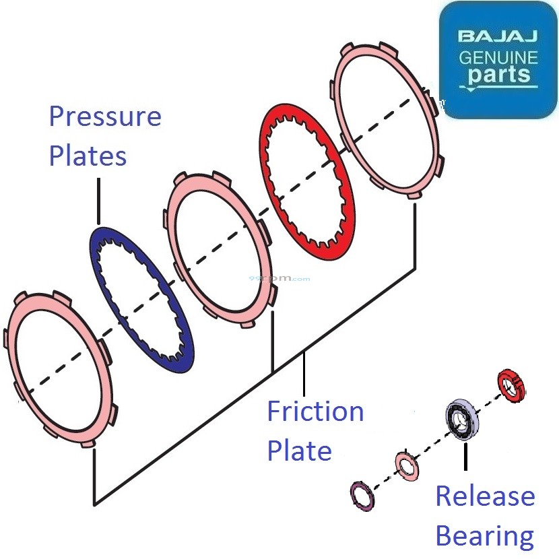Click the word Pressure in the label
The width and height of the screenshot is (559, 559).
point(105,117)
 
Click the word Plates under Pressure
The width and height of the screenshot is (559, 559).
point(88,156)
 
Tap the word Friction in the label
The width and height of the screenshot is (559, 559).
point(315,411)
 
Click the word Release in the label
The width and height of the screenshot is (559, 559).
point(485,496)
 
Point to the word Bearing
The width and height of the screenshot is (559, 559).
point(485,536)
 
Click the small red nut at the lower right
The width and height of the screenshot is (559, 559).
point(511,385)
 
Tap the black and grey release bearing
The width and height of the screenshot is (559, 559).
point(463,420)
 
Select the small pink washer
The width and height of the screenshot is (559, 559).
point(407,465)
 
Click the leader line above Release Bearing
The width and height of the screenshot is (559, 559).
point(464,457)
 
